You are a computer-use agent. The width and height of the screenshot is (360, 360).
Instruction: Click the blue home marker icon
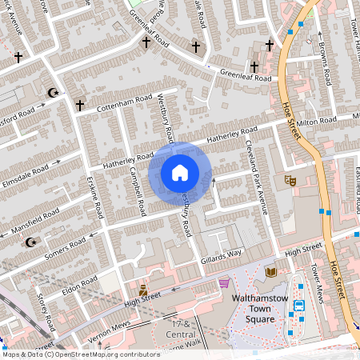coord(180,172)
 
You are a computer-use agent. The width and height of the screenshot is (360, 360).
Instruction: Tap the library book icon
coord(270,272)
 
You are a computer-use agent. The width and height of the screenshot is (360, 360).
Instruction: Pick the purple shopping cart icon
coord(225,282)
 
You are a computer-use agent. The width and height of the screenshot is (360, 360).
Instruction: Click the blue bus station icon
coord(300,305)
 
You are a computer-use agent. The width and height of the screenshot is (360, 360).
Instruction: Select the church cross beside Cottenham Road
coord(79,105)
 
